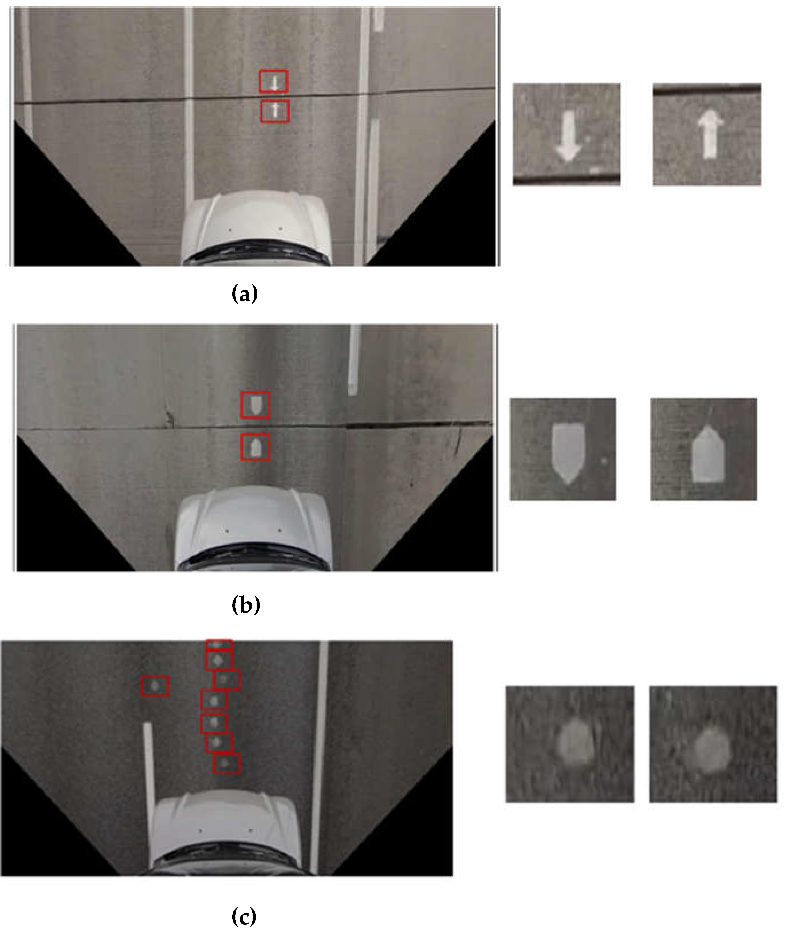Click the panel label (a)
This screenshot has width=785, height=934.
245,294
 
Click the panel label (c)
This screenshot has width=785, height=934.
244,916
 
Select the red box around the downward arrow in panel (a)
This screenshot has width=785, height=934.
274,81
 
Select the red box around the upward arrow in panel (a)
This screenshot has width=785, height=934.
275,111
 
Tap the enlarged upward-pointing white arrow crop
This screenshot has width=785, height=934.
707,134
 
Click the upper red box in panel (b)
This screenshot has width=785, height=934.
255,405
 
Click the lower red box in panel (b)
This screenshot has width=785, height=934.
255,447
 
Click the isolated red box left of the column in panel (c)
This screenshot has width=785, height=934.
155,686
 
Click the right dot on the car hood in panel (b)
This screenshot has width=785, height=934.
280,531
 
